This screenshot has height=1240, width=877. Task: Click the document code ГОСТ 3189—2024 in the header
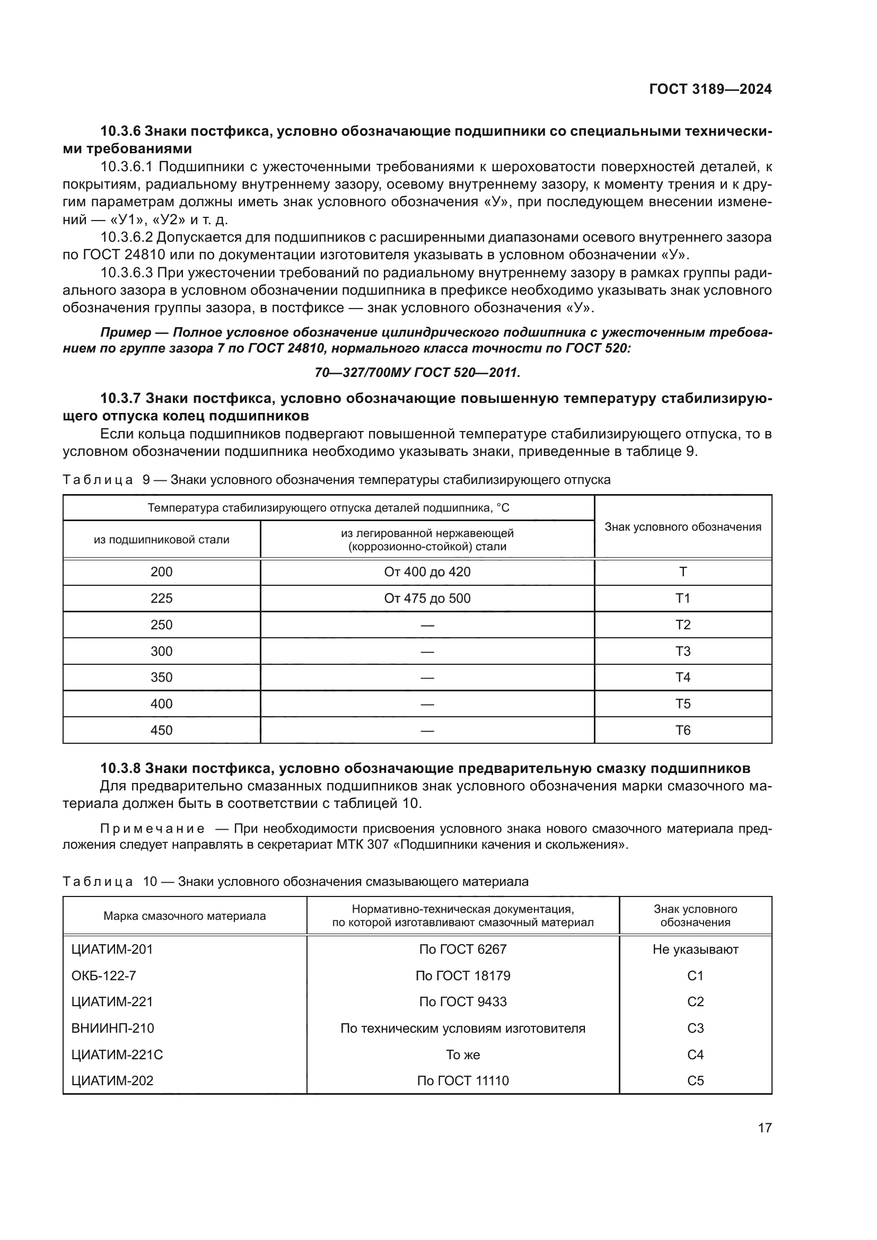point(709,90)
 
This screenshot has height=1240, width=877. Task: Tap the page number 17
point(764,1128)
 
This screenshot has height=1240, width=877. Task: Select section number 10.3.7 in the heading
point(120,399)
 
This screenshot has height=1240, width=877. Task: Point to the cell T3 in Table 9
point(682,652)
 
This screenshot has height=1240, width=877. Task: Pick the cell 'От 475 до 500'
point(427,599)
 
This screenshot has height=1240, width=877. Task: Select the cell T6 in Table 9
point(682,731)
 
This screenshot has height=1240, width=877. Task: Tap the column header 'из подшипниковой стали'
point(162,540)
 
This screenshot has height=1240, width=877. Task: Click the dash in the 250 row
point(427,626)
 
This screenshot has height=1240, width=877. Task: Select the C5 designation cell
point(695,1080)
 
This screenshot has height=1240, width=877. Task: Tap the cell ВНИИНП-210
point(112,1028)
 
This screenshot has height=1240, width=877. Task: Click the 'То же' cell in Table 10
point(463,1055)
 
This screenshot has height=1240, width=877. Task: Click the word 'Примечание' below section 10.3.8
point(152,829)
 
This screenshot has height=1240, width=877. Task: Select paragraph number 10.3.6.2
point(127,238)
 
